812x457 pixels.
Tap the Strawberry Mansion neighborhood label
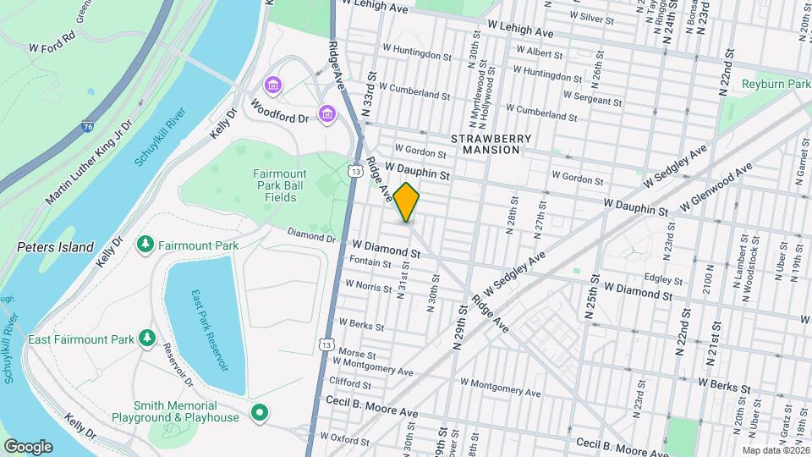point(491,144)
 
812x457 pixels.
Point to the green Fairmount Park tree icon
point(145,245)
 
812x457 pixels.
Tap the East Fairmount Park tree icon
point(148,339)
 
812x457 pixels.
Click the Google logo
point(28,446)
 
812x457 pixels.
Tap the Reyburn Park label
point(776,85)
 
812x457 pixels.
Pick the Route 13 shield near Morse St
point(326,344)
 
